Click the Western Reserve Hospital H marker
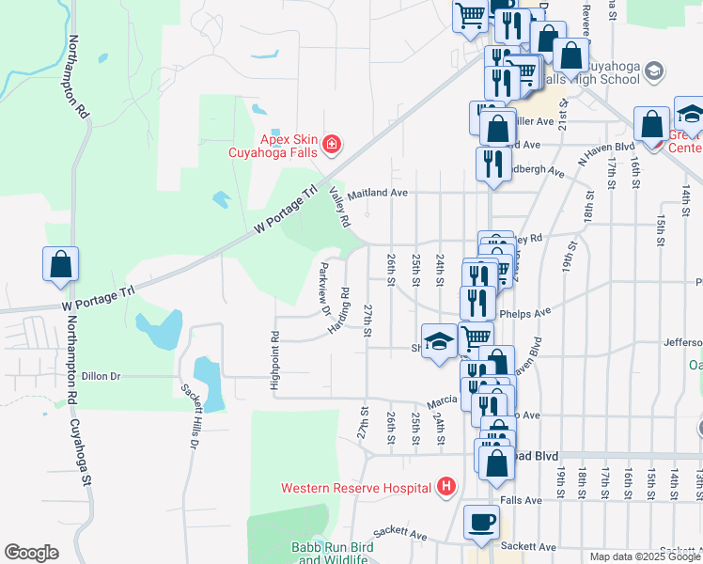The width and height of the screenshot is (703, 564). click(446, 487)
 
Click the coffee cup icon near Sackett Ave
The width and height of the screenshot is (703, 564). click(481, 523)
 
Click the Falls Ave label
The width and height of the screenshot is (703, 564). click(523, 501)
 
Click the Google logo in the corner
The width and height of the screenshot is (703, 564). click(31, 553)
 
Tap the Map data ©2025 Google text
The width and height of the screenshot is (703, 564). click(645, 556)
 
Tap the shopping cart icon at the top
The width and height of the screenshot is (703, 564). click(469, 16)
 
